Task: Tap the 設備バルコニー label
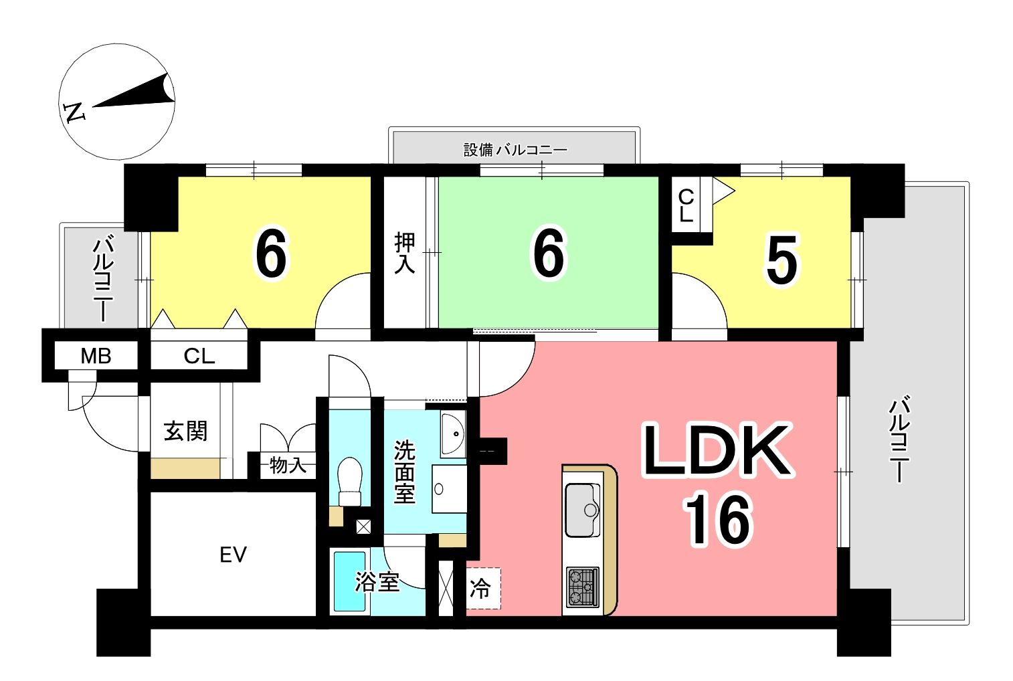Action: click(x=515, y=150)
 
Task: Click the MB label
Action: click(x=96, y=357)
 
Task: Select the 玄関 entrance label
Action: click(x=185, y=431)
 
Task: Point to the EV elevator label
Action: click(x=233, y=555)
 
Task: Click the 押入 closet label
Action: click(x=404, y=253)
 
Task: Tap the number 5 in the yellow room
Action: click(x=782, y=260)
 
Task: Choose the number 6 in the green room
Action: click(x=549, y=253)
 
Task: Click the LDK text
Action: click(x=717, y=450)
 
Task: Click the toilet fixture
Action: click(x=351, y=481)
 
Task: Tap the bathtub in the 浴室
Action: click(x=349, y=581)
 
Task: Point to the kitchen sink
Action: click(x=583, y=510)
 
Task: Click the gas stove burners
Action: click(x=583, y=587)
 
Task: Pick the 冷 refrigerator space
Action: click(x=483, y=588)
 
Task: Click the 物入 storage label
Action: click(x=288, y=465)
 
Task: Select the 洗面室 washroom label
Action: click(x=404, y=472)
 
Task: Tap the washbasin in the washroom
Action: click(x=453, y=434)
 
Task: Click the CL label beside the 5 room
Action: click(x=686, y=205)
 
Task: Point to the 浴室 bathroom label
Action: click(x=377, y=582)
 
